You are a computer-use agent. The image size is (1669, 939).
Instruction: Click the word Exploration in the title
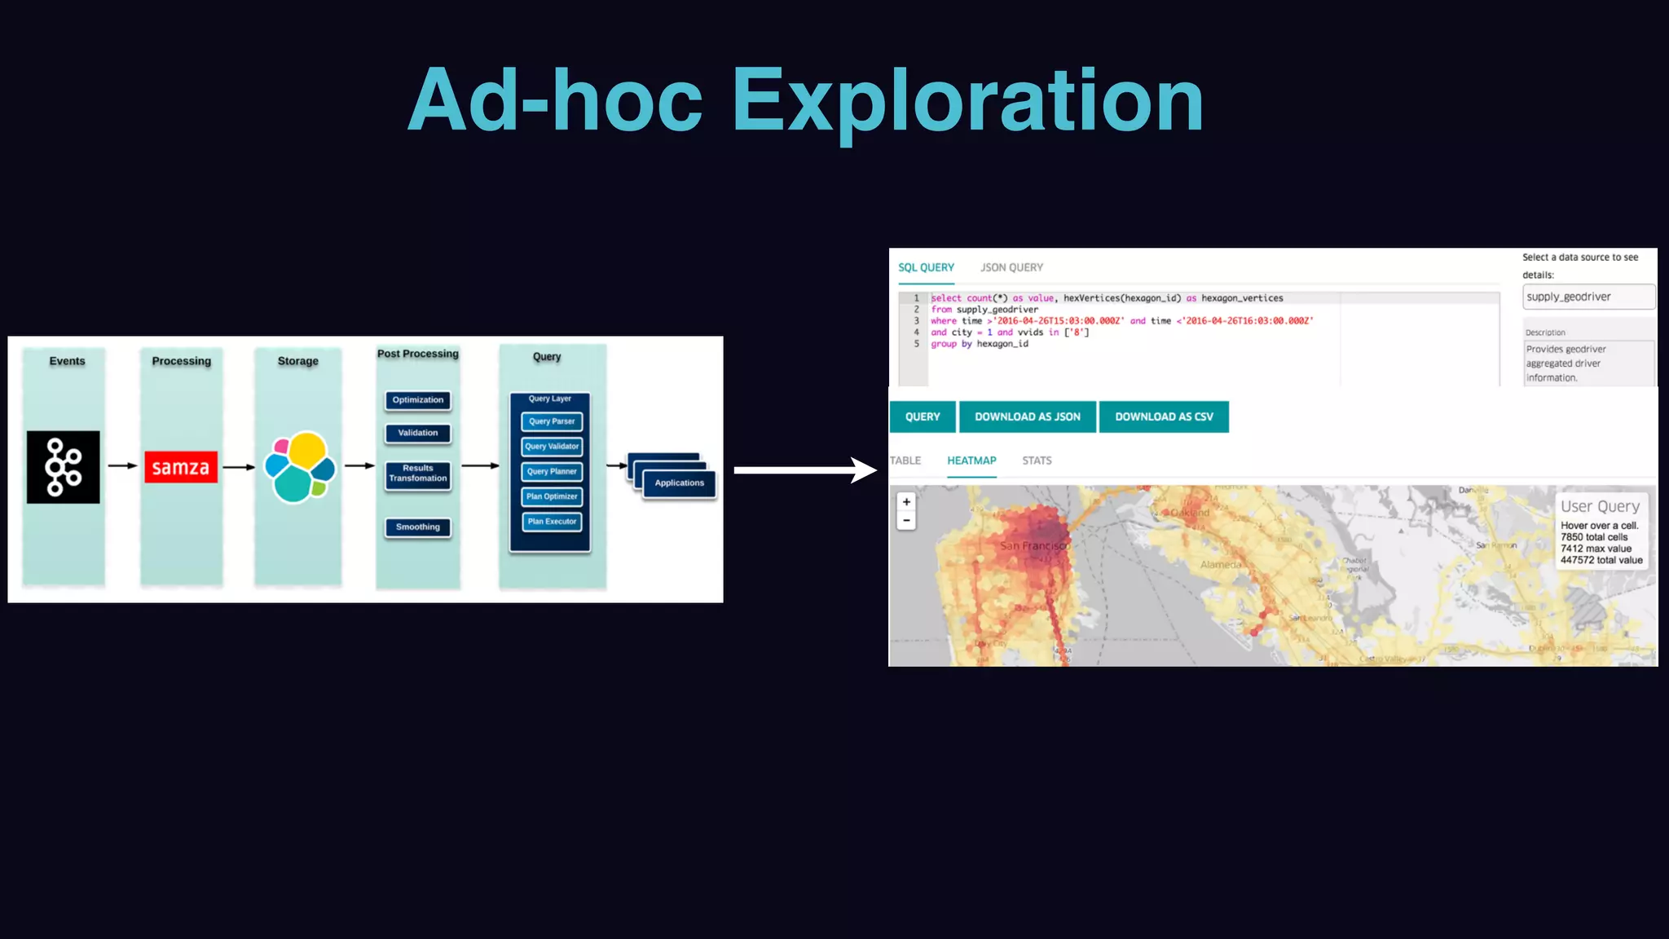967,101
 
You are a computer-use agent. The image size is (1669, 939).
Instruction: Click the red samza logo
181,467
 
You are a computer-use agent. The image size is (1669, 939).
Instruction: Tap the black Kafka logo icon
64,467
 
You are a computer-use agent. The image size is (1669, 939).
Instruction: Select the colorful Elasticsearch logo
301,467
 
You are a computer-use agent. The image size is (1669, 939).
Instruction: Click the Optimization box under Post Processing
418,400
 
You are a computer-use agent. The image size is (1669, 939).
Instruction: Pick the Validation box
418,433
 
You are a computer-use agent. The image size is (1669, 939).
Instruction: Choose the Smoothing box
418,527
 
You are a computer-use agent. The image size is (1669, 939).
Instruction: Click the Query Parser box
552,421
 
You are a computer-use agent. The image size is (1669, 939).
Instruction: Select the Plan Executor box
552,522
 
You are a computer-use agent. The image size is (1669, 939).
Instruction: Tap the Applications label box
679,483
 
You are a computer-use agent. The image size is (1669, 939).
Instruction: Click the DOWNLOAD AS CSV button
1164,417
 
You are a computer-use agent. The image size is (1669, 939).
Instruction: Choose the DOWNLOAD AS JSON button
1027,417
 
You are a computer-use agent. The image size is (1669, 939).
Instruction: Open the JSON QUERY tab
1011,267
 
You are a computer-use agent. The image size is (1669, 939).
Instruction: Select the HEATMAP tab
971,461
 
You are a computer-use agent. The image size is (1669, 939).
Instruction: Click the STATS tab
1037,461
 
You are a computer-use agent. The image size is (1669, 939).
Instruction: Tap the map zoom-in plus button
906,502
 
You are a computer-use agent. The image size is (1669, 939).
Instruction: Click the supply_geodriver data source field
1588,297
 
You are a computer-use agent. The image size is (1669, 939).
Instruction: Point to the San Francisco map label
1033,546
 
